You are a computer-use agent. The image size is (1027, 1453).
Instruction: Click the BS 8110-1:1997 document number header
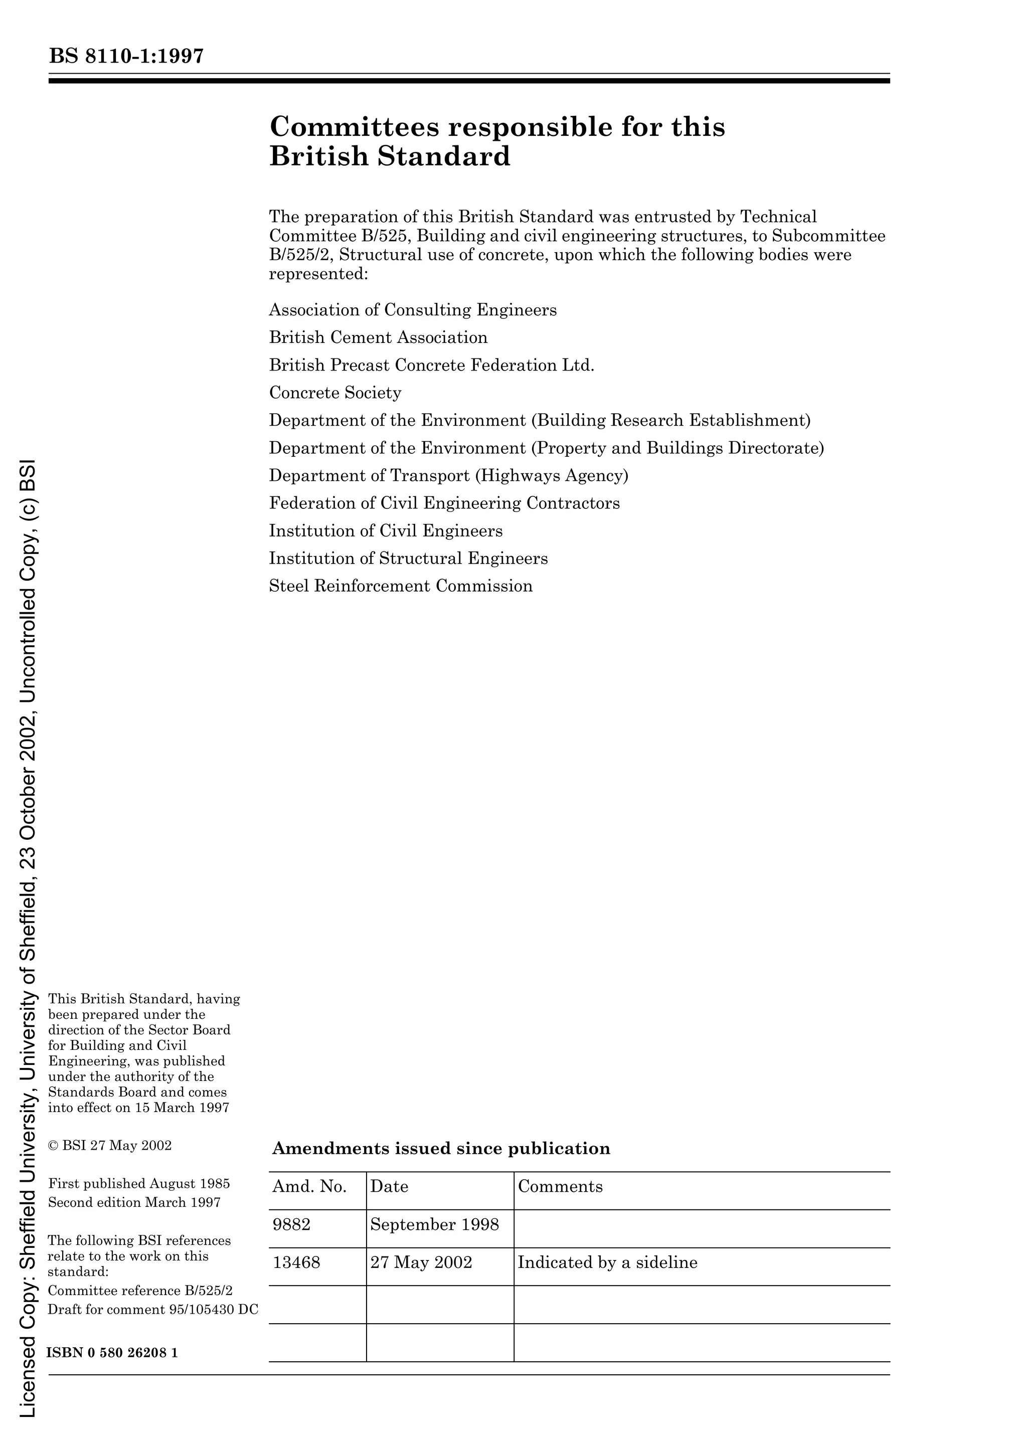(x=126, y=56)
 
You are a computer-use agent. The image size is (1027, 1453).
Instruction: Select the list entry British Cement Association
(x=379, y=337)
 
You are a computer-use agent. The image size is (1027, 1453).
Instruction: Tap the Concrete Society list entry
(x=335, y=393)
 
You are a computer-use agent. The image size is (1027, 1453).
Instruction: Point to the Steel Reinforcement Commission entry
(x=401, y=586)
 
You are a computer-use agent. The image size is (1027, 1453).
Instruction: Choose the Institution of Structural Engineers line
(x=408, y=558)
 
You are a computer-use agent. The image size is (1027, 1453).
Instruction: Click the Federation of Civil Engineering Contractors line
(x=444, y=503)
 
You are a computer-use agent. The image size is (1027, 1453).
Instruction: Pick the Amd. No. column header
(x=309, y=1187)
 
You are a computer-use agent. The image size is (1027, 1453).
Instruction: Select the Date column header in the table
(x=389, y=1187)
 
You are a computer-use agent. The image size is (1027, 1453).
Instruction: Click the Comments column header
(x=560, y=1187)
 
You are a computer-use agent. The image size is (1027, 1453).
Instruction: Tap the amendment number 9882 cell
(x=292, y=1224)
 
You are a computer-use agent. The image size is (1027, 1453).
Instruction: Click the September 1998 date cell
(x=435, y=1224)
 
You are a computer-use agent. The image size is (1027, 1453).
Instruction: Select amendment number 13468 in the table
(x=296, y=1262)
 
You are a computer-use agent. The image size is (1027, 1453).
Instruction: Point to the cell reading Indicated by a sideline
(x=607, y=1262)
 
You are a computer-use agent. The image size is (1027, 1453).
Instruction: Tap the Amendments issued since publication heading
(x=441, y=1149)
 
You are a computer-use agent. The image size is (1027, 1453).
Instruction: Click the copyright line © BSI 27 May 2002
(x=110, y=1146)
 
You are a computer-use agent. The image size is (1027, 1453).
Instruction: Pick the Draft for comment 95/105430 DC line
(x=153, y=1309)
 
